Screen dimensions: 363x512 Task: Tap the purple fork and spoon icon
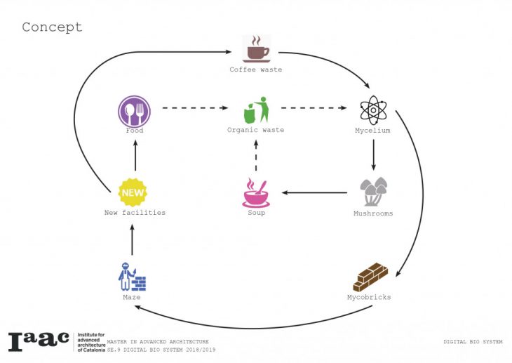[134, 111]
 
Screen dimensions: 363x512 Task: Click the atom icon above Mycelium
[372, 111]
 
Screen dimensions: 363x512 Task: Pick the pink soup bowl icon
[256, 193]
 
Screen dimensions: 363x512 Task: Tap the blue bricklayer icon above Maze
[132, 277]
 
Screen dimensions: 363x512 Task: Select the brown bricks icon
[370, 277]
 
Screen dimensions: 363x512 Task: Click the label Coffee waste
[256, 70]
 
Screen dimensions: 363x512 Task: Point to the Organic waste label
[255, 131]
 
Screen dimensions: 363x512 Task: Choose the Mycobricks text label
[369, 297]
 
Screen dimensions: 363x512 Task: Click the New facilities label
[135, 213]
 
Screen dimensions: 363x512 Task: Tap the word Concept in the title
[52, 27]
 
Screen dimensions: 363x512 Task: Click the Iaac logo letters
[39, 341]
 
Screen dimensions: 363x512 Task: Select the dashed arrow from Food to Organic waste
[195, 109]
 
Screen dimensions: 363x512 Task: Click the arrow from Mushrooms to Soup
[315, 192]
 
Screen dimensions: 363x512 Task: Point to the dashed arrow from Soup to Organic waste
[256, 159]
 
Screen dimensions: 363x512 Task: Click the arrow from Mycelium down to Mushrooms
[373, 154]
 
